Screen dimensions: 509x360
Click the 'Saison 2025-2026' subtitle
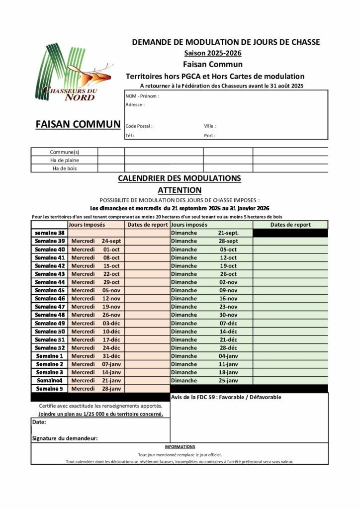(213, 53)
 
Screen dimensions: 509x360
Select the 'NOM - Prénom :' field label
(142, 96)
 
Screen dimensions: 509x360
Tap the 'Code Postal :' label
(139, 126)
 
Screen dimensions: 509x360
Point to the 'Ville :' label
(210, 126)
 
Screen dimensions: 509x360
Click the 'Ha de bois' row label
(65, 169)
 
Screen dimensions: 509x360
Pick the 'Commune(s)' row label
(65, 152)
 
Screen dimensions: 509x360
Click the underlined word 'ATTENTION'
(180, 190)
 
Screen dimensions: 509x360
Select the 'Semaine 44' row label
(50, 282)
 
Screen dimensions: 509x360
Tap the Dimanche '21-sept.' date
(228, 233)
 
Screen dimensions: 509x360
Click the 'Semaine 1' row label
(50, 356)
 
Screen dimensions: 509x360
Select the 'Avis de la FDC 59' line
(226, 397)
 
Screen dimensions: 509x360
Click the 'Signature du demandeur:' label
(65, 438)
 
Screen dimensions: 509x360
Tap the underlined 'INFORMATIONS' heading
(180, 447)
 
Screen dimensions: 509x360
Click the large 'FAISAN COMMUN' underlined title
(78, 124)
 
